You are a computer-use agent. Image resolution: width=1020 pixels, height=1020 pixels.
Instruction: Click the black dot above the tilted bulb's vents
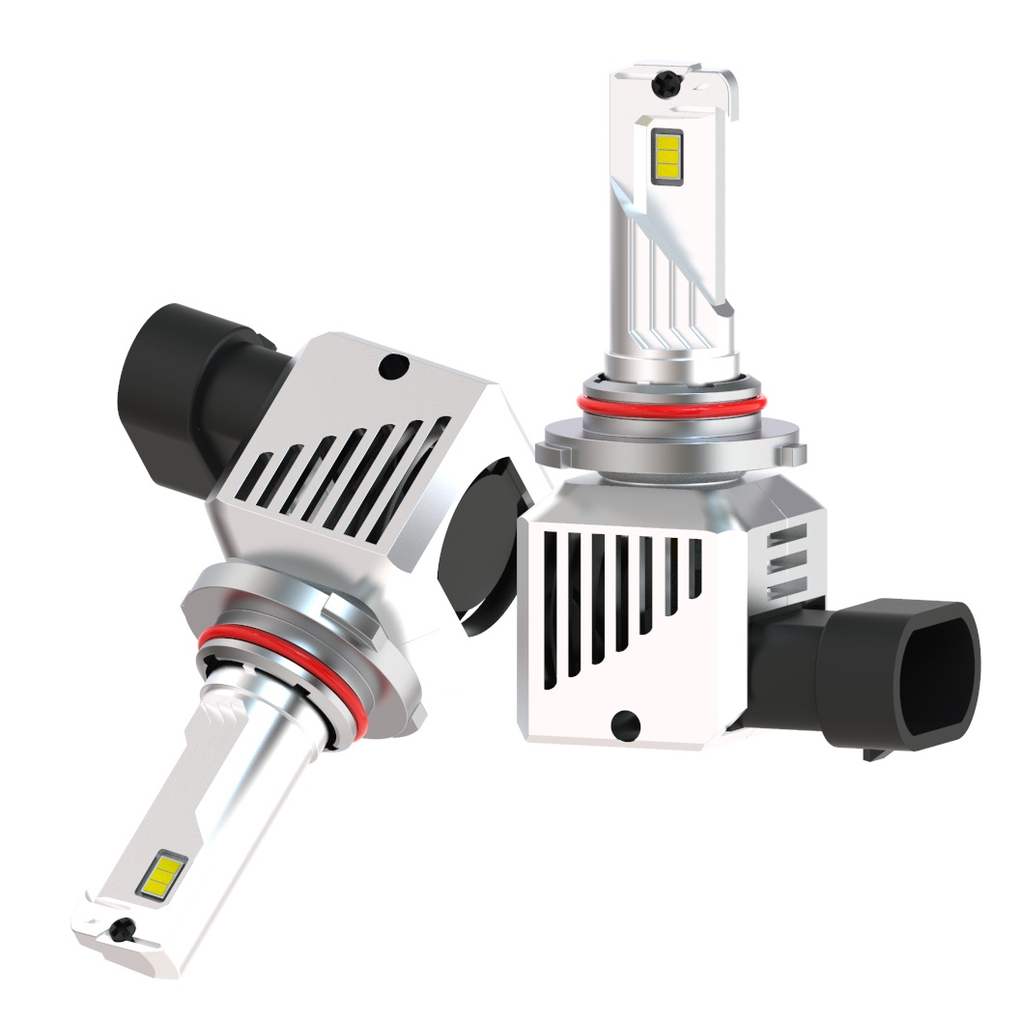tap(393, 365)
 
